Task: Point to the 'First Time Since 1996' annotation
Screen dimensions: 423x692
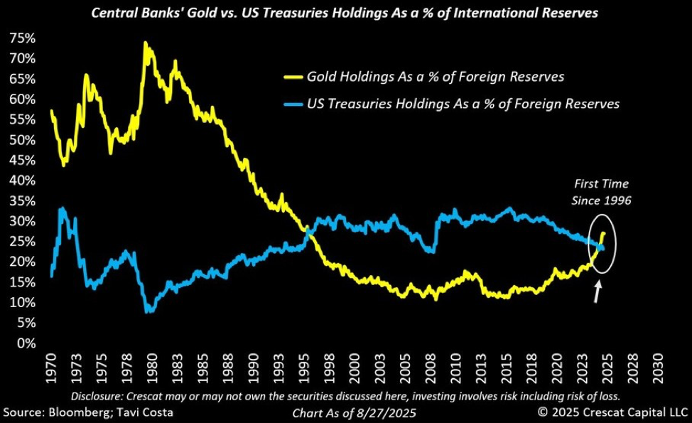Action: click(600, 192)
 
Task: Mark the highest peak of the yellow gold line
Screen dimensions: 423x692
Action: click(145, 43)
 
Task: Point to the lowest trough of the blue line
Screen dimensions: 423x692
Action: click(147, 311)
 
